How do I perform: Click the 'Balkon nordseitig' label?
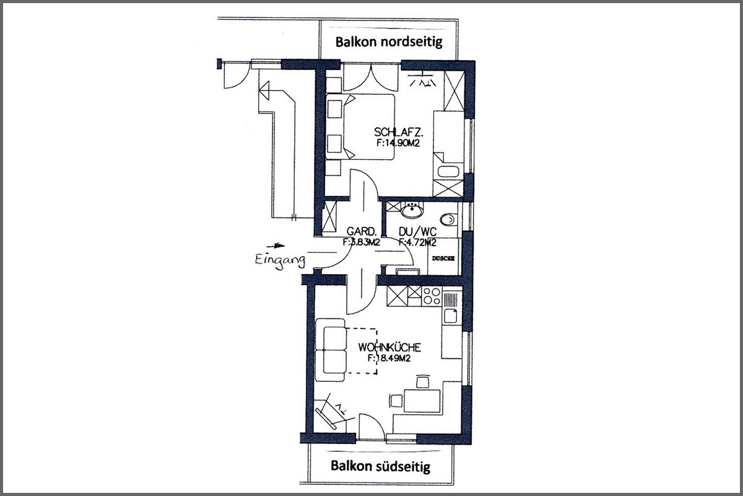pos(389,42)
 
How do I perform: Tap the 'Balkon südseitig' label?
pos(380,466)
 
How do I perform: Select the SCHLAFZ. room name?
pos(399,132)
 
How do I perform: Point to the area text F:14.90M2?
pos(398,143)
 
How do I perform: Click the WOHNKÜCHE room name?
pos(389,347)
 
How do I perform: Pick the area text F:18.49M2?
pos(389,358)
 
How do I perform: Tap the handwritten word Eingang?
pos(280,260)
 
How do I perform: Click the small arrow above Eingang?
pos(276,246)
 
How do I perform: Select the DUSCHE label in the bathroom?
pos(443,259)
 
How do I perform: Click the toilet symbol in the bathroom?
pos(449,219)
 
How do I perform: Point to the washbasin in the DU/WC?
pos(412,211)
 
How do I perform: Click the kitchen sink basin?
pos(451,316)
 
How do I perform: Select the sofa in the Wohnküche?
pos(330,350)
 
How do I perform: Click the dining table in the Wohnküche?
pos(422,401)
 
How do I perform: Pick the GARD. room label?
pos(362,231)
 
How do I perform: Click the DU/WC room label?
pos(417,231)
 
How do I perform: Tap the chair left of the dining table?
pos(396,401)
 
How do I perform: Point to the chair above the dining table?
pos(422,381)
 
